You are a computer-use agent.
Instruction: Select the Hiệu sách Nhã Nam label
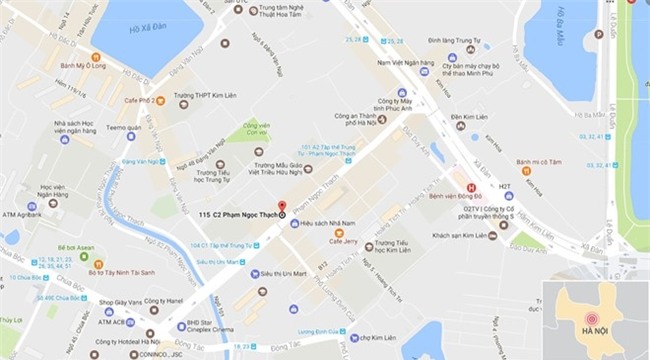[330, 223]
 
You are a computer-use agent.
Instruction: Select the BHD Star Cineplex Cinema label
[218, 326]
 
